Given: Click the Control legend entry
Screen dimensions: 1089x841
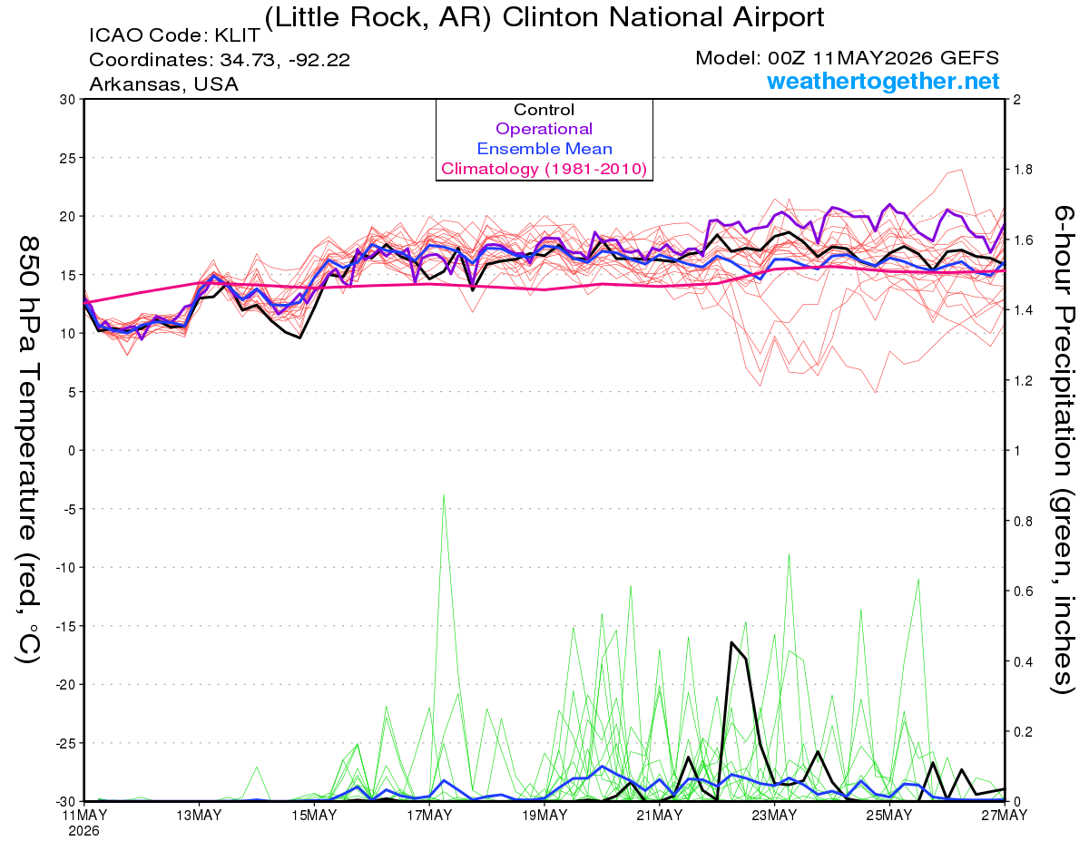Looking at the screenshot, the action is click(544, 110).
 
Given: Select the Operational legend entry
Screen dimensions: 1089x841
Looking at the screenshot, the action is click(544, 129).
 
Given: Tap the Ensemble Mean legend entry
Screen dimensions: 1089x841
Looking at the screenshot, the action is click(544, 149).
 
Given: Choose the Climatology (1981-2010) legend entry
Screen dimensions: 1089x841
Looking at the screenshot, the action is click(544, 169).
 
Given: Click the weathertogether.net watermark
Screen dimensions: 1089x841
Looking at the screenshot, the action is click(883, 81).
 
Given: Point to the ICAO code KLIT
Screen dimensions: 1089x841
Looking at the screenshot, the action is click(238, 35).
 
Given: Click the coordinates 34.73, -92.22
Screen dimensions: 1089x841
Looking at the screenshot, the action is click(285, 60).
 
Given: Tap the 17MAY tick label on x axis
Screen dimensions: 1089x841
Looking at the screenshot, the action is click(429, 816).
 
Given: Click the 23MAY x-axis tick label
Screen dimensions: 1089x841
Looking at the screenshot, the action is click(774, 816).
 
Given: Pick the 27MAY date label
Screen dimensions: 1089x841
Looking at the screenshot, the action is click(1004, 816).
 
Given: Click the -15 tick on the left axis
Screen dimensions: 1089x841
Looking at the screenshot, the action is click(65, 626).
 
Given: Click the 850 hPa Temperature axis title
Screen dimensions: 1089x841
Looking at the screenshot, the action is click(29, 449).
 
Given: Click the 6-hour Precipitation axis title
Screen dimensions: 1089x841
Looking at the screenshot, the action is click(1063, 449).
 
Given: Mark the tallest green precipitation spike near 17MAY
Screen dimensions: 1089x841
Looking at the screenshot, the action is click(444, 495).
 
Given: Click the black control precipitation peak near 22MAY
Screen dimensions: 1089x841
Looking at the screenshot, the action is click(731, 642).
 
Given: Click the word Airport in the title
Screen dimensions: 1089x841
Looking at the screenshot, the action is click(779, 17).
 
